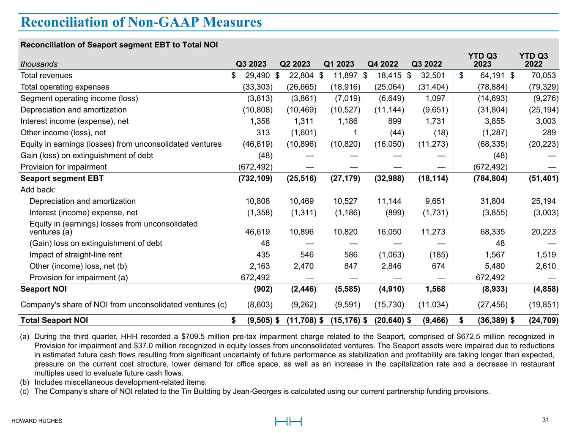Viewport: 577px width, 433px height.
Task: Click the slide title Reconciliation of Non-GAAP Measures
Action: pos(141,22)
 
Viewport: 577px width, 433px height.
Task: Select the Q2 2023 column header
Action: pos(295,64)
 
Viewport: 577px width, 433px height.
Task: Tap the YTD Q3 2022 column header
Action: pos(533,60)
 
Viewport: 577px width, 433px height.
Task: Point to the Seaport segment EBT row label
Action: pos(62,178)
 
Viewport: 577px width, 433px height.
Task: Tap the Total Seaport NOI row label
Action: pos(55,321)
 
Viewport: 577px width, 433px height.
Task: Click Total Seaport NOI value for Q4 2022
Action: pos(389,321)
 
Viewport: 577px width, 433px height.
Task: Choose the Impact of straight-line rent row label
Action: pos(76,255)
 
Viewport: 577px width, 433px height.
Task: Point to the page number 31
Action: pos(545,420)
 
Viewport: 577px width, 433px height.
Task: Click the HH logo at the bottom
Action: pos(288,422)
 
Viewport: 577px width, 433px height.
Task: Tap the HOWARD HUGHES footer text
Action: pos(37,421)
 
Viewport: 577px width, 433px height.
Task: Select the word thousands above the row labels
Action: pos(39,64)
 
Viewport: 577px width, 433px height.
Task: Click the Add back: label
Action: pos(38,190)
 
